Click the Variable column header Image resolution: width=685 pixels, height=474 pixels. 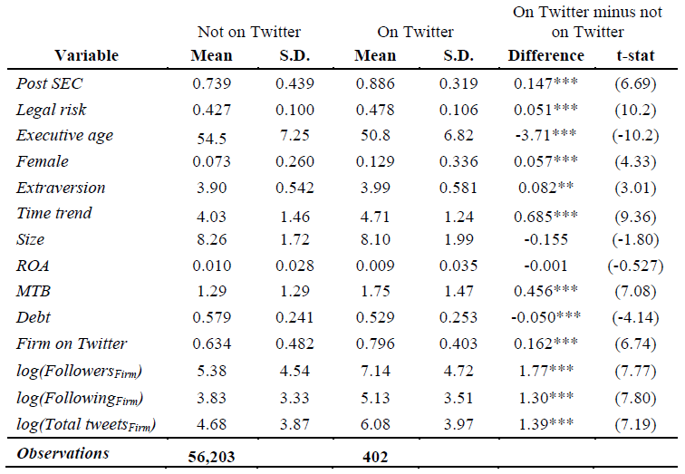(x=86, y=55)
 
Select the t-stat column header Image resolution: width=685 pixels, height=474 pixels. (x=636, y=55)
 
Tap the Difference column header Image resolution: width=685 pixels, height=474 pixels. (x=546, y=55)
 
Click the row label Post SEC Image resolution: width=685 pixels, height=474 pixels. (x=49, y=83)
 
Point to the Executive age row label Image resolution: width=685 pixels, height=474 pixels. (x=64, y=135)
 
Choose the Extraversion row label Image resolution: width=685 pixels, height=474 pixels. (x=61, y=188)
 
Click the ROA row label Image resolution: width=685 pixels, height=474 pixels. (x=33, y=266)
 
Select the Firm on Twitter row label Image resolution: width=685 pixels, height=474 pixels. (x=72, y=343)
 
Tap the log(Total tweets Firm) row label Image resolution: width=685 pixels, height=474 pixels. (x=86, y=424)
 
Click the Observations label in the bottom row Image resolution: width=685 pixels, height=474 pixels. (x=63, y=453)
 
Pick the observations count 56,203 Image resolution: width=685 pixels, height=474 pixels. (x=211, y=457)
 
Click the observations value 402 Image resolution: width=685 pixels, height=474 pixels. (x=375, y=457)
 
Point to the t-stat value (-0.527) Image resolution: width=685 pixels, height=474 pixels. (x=636, y=266)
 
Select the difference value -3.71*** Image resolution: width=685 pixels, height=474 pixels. (x=546, y=134)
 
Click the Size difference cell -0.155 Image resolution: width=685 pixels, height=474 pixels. (x=546, y=239)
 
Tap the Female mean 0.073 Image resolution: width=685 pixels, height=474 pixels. (x=211, y=161)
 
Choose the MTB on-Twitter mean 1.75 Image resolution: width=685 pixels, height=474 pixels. (x=375, y=291)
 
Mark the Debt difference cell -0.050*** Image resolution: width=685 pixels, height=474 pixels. (x=546, y=317)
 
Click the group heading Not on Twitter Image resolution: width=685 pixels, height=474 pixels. (x=249, y=32)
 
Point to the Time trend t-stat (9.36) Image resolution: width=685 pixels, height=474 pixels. (x=636, y=217)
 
